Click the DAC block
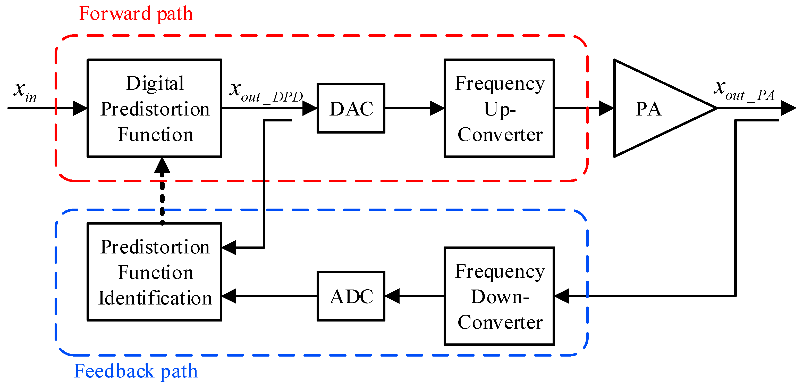pos(351,108)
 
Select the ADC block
pos(351,296)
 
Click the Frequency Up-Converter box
pos(499,108)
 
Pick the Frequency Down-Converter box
pos(499,296)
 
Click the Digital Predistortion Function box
pos(154,108)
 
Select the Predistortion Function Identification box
pos(154,272)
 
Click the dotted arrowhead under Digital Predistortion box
pos(162,166)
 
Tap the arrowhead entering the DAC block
pos(310,108)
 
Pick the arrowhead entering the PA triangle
pos(606,108)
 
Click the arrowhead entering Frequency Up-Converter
pos(437,108)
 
